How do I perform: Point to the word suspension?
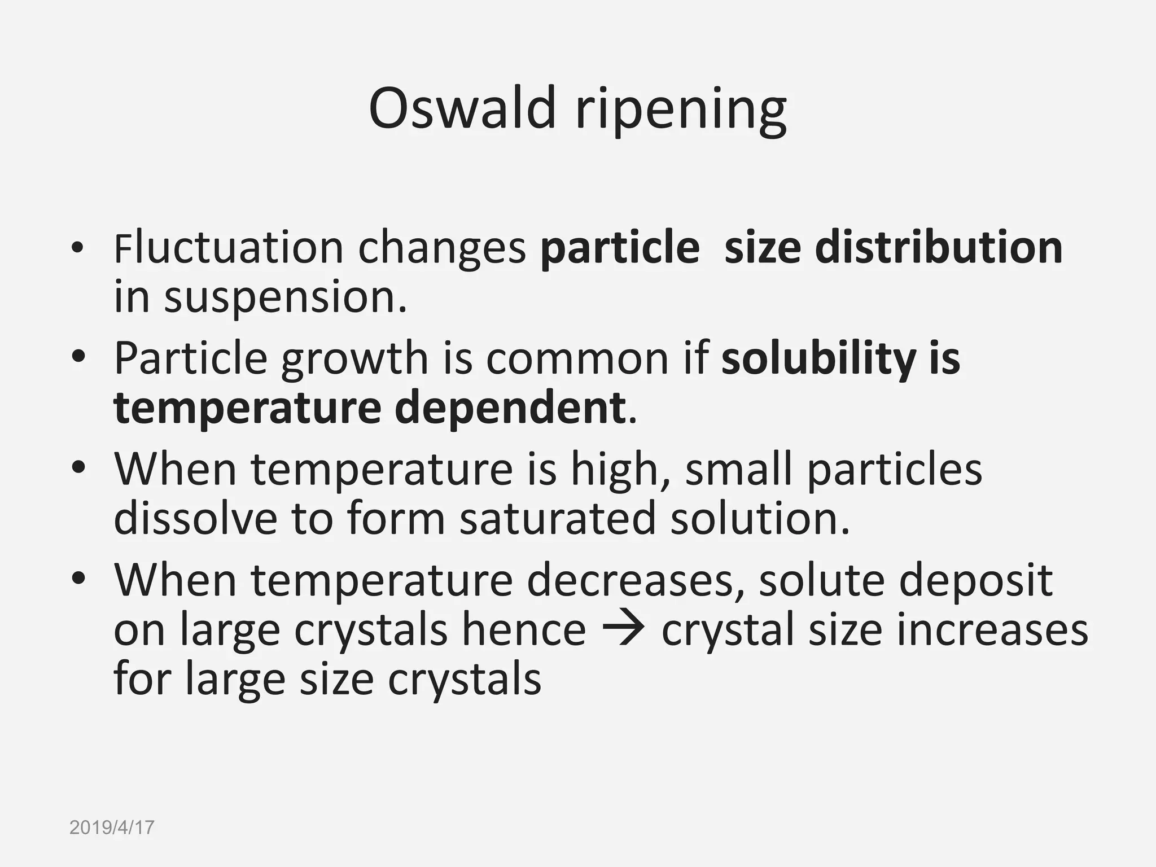284,298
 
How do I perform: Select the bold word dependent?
510,408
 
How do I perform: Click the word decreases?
635,580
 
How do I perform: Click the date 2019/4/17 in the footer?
112,827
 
